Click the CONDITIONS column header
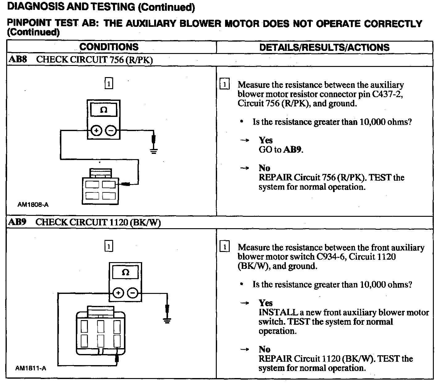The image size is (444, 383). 109,47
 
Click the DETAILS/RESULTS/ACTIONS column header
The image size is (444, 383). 324,47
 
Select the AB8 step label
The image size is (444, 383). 18,60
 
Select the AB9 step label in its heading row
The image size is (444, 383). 17,222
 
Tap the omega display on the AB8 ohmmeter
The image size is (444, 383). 104,110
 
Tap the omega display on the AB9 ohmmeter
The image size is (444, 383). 125,273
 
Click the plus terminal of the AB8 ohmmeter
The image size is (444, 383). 96,130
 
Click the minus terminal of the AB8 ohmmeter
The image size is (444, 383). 111,130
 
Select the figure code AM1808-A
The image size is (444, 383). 33,204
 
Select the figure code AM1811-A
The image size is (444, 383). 31,368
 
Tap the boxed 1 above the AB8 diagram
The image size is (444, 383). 109,84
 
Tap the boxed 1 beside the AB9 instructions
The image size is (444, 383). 224,247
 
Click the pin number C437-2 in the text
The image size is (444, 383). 387,94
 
